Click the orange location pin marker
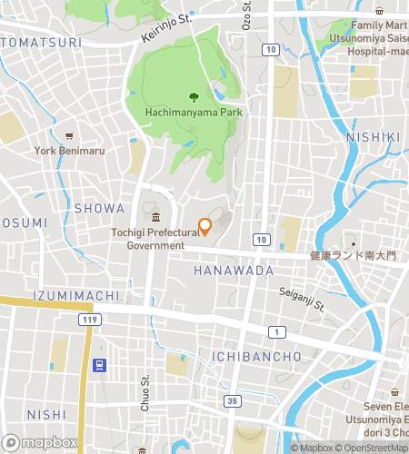[204, 226]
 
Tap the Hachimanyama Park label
[192, 113]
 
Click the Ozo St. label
[246, 15]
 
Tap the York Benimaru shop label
[69, 150]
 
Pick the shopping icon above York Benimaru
[69, 134]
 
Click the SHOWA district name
[98, 208]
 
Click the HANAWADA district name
[234, 271]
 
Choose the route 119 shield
[89, 320]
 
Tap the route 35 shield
[234, 400]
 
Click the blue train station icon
[98, 365]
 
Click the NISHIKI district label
[373, 137]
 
